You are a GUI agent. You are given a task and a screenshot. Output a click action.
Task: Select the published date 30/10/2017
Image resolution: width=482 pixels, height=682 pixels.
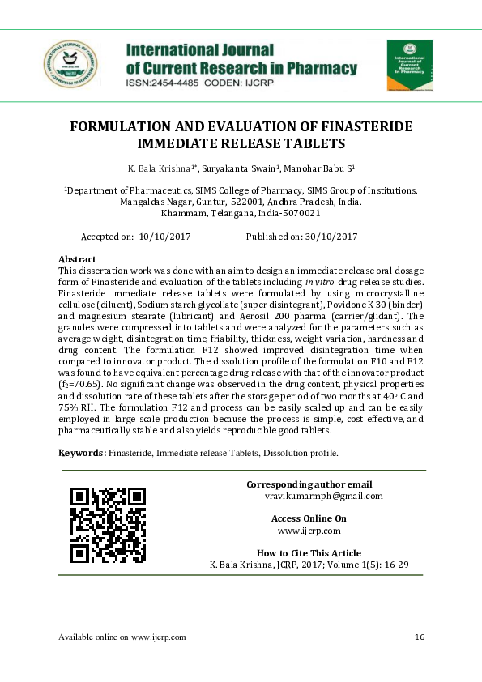(331, 237)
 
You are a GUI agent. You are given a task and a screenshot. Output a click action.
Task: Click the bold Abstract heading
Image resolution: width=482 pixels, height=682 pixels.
(78, 259)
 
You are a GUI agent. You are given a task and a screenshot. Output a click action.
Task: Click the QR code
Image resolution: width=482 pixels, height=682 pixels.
(108, 524)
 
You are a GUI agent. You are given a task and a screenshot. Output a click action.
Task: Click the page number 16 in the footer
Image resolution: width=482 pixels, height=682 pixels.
(419, 637)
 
